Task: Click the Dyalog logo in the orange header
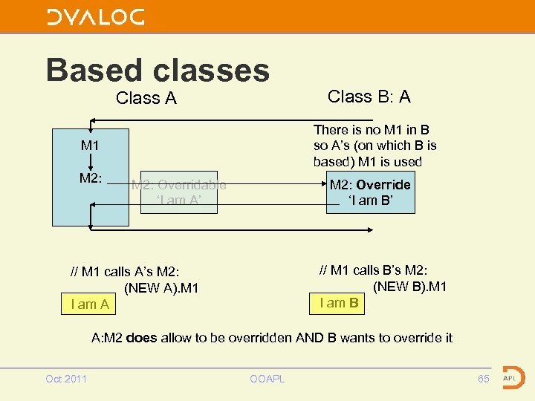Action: pyautogui.click(x=96, y=17)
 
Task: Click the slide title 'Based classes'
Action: pyautogui.click(x=158, y=70)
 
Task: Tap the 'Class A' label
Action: pyautogui.click(x=146, y=98)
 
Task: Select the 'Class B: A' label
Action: pyautogui.click(x=369, y=97)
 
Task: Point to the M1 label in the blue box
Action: pyautogui.click(x=90, y=146)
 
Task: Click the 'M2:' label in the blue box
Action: pyautogui.click(x=91, y=178)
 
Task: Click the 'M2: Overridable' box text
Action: pyautogui.click(x=178, y=185)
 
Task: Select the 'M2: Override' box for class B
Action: pyautogui.click(x=370, y=192)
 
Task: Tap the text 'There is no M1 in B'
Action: pyautogui.click(x=371, y=130)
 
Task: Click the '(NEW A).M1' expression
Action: pyautogui.click(x=161, y=287)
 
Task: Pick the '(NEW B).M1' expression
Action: pyautogui.click(x=409, y=286)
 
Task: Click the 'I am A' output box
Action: pyautogui.click(x=90, y=304)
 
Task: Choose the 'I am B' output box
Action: pyautogui.click(x=339, y=302)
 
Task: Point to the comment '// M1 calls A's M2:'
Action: pyautogui.click(x=125, y=272)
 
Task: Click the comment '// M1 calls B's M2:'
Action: pyautogui.click(x=373, y=270)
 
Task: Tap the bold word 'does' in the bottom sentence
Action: pyautogui.click(x=142, y=338)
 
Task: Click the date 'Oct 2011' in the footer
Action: pyautogui.click(x=66, y=379)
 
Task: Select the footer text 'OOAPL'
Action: pyautogui.click(x=268, y=379)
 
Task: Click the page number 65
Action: pyautogui.click(x=484, y=379)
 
